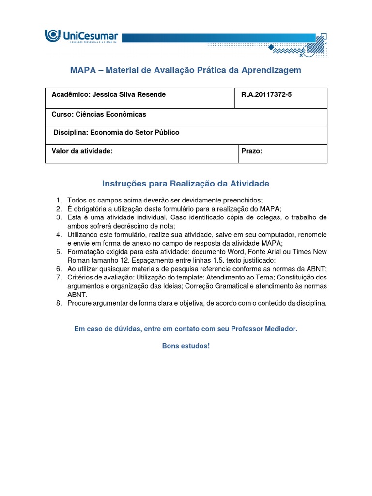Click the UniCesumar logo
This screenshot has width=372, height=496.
coord(81,36)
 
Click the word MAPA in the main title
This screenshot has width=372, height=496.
coord(83,70)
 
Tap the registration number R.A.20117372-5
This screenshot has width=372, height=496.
coord(266,94)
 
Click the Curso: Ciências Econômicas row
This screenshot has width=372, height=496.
coord(99,115)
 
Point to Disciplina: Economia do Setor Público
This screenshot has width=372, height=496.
coord(116,132)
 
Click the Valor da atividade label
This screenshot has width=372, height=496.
coord(82,151)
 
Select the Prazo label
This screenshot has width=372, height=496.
coord(252,151)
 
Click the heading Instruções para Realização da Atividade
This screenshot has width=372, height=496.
coord(186,184)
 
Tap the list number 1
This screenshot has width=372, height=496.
coord(58,200)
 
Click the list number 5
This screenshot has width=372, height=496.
coord(58,252)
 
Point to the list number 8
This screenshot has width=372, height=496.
coord(58,303)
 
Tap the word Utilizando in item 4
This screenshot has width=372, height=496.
coord(84,234)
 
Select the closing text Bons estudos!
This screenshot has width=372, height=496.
coord(186,346)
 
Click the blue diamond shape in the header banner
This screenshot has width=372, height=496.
coord(272,47)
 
